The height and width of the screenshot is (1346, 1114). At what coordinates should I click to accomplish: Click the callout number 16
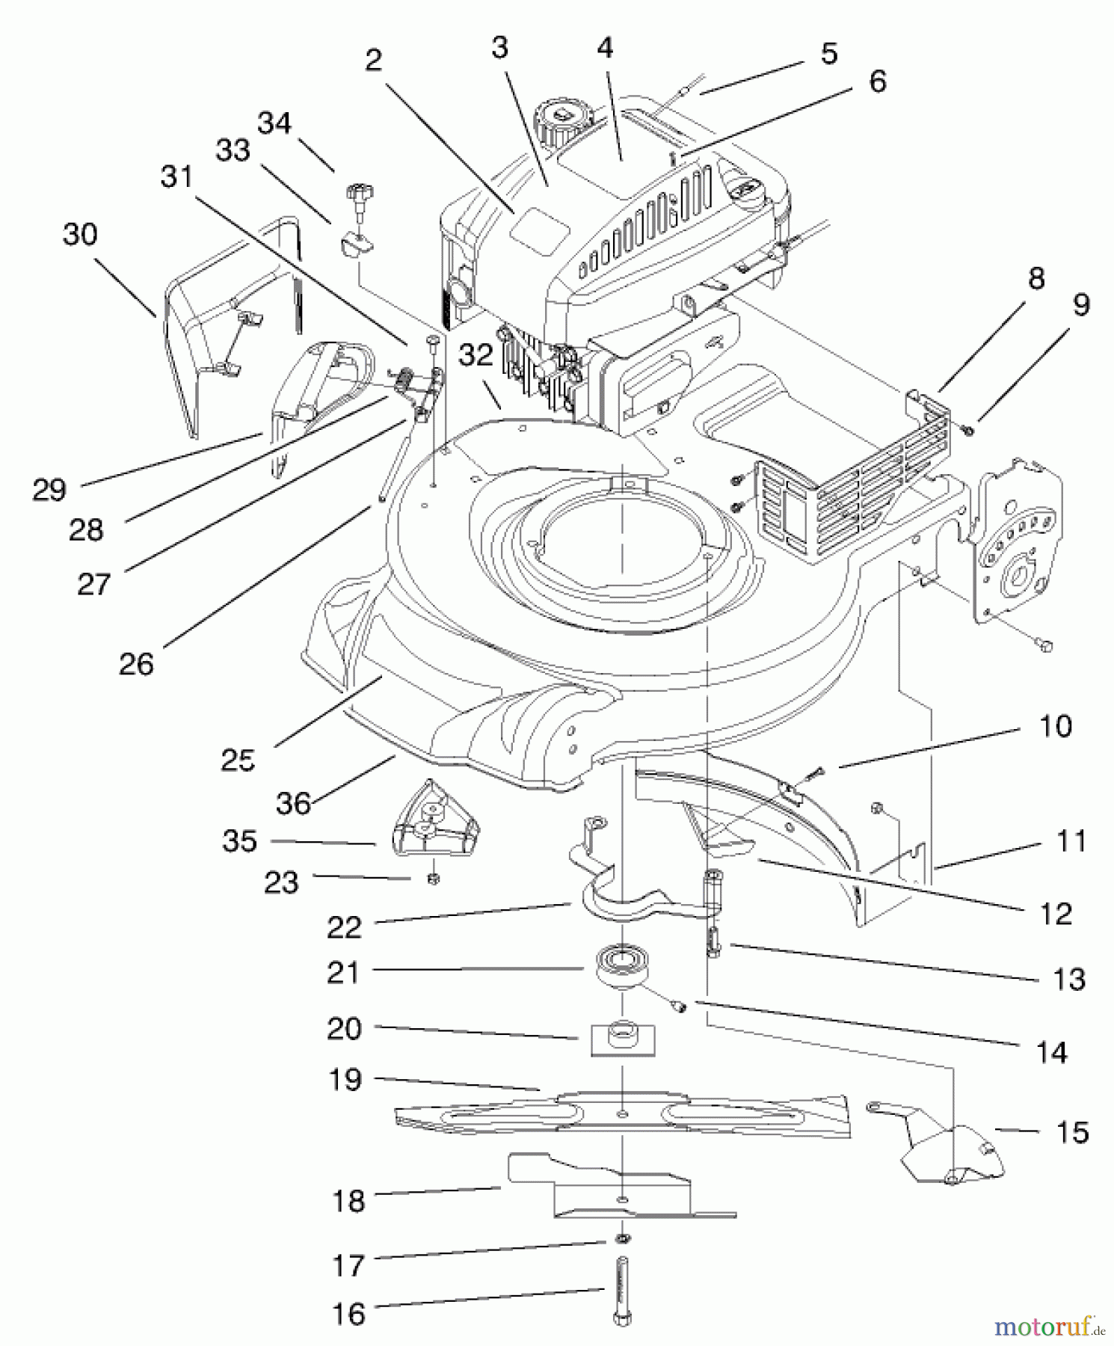tap(348, 1314)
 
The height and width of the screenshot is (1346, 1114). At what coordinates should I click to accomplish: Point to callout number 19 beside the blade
tap(345, 1079)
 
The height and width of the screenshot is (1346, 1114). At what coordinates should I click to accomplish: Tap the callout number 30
tap(80, 235)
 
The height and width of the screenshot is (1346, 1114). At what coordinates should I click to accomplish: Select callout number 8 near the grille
tap(1036, 278)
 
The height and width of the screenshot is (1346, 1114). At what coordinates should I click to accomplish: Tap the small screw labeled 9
tap(968, 430)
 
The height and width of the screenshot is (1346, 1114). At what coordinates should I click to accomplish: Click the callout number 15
tap(1071, 1132)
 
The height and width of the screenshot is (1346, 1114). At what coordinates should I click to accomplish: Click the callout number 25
tap(238, 760)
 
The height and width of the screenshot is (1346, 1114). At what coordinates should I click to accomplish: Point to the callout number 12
tap(1056, 913)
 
